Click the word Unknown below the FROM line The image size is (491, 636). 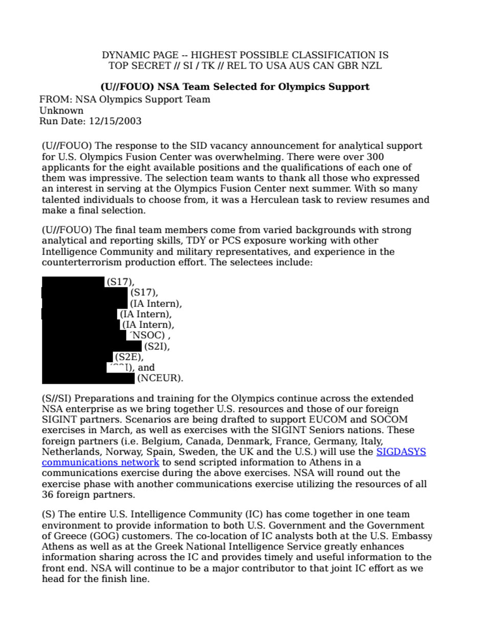[61, 111]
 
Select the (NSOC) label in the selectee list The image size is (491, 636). [149, 336]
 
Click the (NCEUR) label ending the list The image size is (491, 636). [160, 379]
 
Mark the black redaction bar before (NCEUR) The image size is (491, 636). [88, 379]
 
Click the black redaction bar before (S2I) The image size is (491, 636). [92, 346]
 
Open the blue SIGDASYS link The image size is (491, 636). [401, 452]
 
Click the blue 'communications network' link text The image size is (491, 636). [100, 463]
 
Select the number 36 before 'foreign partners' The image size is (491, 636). [48, 495]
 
